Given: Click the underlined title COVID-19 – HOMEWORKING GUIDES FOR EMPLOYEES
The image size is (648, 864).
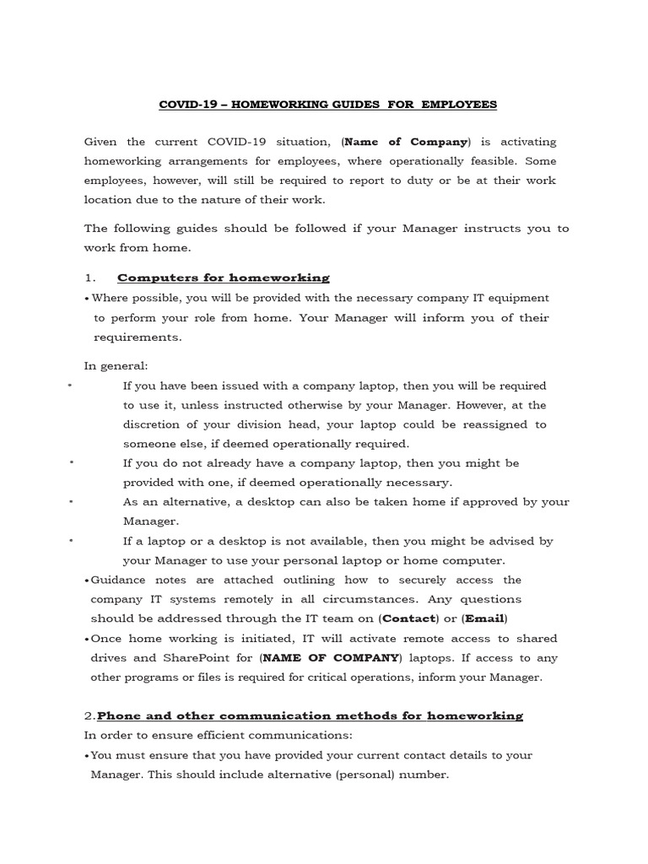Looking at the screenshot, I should pos(328,105).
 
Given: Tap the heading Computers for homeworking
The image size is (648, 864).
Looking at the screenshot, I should pos(224,278).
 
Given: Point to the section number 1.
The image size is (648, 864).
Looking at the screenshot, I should pos(89,278).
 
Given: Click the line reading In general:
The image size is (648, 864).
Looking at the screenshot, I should pos(116,365).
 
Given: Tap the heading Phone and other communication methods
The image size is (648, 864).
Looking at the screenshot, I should pos(310,715).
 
